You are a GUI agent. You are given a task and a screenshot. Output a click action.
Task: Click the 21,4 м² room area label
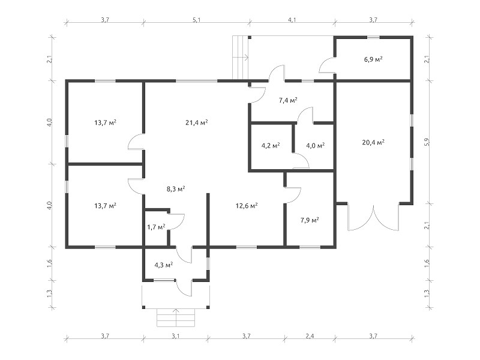point(197,122)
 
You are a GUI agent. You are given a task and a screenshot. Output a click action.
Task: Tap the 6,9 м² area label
point(373,59)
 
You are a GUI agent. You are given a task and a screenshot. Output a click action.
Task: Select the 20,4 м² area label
point(373,142)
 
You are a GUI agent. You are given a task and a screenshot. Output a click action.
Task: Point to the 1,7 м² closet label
point(156,227)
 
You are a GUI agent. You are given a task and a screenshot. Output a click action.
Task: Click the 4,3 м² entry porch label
point(163,265)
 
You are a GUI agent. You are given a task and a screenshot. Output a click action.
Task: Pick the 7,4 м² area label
point(288,100)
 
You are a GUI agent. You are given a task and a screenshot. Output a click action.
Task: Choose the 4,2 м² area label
point(271,145)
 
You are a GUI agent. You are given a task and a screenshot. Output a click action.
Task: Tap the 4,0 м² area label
point(316,145)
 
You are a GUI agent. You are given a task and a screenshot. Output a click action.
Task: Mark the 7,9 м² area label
point(310,220)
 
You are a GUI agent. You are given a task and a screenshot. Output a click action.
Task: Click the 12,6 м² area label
point(247,205)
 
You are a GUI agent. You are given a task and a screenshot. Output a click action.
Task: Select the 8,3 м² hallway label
point(176,189)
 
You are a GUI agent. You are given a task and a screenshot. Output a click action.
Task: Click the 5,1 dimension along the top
point(197,20)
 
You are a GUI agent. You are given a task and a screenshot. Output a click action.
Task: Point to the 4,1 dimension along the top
point(292,20)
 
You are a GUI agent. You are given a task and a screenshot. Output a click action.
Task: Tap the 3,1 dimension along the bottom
point(175,336)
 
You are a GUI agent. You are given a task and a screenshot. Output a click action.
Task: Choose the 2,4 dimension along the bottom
point(310,336)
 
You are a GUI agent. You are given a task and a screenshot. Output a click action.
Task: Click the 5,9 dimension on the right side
point(427,142)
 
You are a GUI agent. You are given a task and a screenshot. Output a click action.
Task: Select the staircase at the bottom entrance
point(176,318)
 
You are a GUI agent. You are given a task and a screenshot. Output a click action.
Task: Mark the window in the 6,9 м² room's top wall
point(373,37)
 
